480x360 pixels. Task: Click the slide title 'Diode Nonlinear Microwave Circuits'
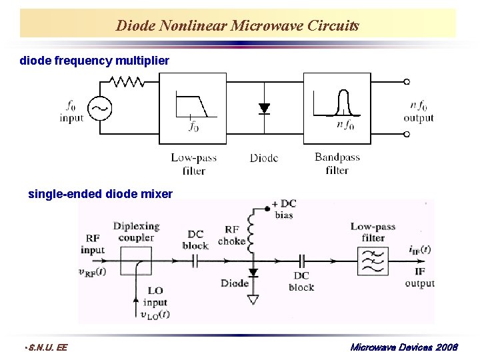237,26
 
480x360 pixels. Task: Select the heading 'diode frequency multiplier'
94,61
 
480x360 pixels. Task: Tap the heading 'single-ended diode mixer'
100,194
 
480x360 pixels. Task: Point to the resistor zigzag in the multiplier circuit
127,81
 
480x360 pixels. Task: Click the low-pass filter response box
192,108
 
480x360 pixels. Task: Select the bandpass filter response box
337,108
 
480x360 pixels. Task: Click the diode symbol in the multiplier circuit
265,108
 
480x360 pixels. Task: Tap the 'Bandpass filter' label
337,164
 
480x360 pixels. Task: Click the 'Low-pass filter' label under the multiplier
193,164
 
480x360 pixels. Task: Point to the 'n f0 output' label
418,111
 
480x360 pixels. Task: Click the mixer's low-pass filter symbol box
373,261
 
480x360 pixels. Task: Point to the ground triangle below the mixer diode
253,299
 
